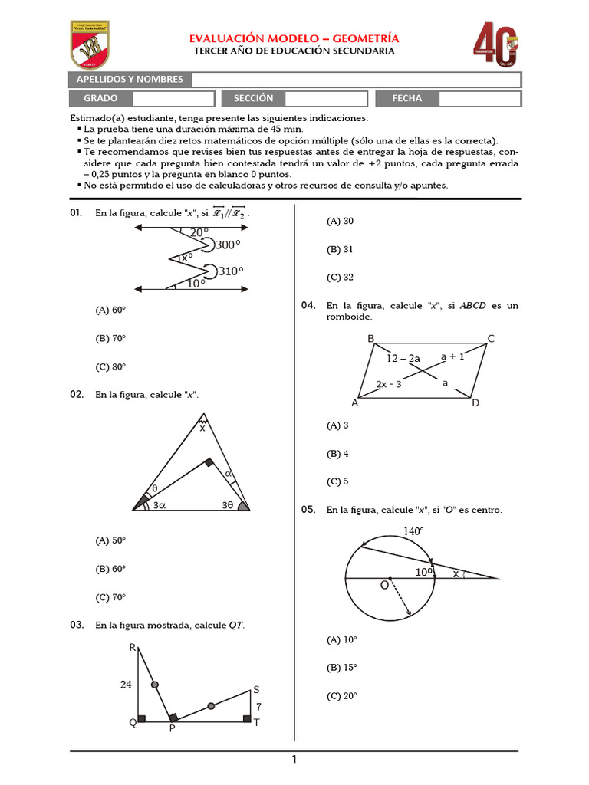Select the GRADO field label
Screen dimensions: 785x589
click(x=100, y=98)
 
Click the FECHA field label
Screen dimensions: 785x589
click(x=406, y=98)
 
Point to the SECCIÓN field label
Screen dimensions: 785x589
click(x=253, y=98)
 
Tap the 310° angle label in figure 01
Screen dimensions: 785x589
click(x=231, y=271)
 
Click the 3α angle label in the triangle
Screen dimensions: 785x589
click(x=160, y=506)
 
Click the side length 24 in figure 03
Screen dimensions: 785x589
click(x=126, y=685)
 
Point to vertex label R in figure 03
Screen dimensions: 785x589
click(x=132, y=649)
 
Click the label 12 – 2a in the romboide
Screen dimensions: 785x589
click(x=403, y=359)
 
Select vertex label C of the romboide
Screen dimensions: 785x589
click(x=491, y=339)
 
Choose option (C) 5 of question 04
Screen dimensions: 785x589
click(x=337, y=481)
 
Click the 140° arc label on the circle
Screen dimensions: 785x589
click(x=413, y=530)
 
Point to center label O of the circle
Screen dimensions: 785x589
click(x=384, y=586)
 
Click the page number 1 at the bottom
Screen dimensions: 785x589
click(x=294, y=760)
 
